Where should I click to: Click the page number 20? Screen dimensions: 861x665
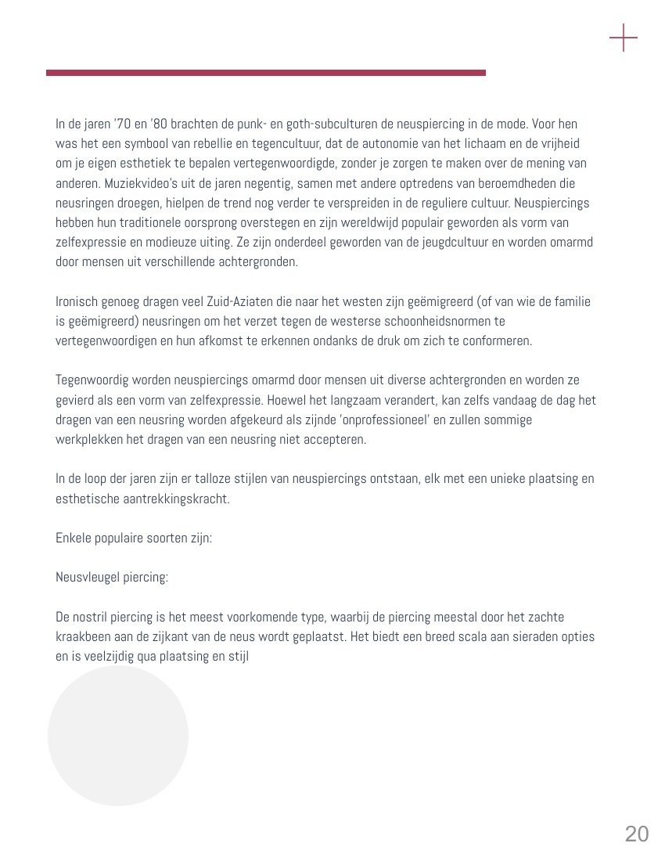[x=637, y=834]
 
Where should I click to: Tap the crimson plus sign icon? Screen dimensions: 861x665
[x=624, y=38]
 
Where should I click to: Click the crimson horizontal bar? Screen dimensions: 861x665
[x=266, y=73]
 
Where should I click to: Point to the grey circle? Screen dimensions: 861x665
[x=118, y=736]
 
